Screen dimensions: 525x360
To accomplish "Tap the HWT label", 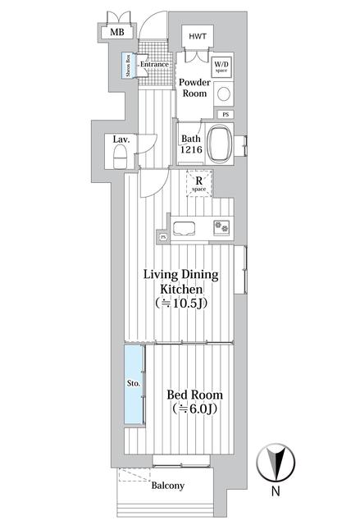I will [198, 37].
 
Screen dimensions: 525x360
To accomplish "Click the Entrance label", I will [153, 65].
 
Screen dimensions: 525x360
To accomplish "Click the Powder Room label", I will [194, 87].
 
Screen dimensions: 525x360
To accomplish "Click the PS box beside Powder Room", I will [225, 114].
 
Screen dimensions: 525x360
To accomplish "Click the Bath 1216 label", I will [191, 144].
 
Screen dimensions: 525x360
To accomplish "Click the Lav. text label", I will [121, 139].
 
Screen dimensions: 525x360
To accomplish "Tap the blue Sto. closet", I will [134, 383].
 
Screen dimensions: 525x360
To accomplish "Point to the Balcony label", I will [168, 485].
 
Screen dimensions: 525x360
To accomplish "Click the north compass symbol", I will [276, 463].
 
